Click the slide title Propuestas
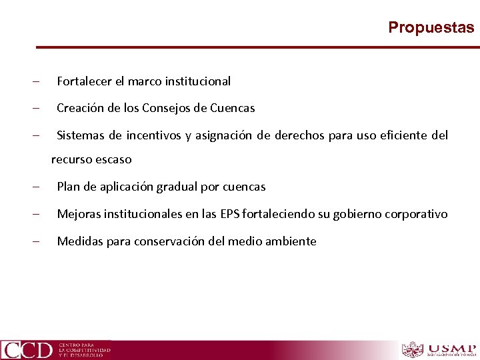[x=431, y=27]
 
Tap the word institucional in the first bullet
[x=198, y=81]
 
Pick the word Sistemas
[x=80, y=136]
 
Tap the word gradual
[x=177, y=187]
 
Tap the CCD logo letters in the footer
[x=27, y=349]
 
